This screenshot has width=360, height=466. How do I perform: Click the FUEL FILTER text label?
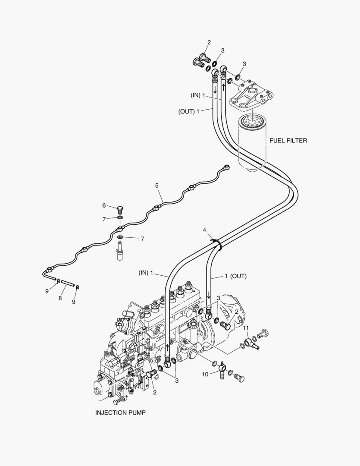click(288, 141)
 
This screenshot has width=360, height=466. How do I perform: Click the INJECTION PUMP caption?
click(120, 412)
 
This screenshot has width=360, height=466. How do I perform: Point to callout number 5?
click(157, 186)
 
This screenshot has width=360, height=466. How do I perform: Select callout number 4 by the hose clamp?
click(205, 231)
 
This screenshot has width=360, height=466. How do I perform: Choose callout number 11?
click(246, 328)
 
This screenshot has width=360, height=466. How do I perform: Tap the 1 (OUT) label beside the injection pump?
click(235, 276)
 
